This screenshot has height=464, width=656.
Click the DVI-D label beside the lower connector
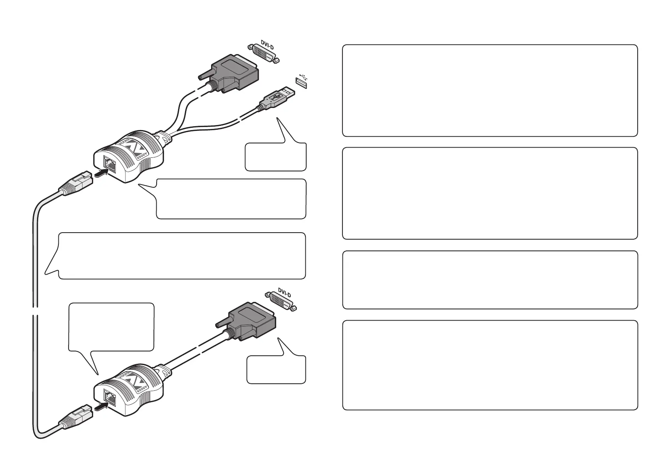(x=284, y=292)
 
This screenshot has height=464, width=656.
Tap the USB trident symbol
(x=304, y=76)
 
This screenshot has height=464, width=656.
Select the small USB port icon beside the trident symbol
(x=301, y=83)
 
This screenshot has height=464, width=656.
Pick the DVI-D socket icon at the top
(x=264, y=54)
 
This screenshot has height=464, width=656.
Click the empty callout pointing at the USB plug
(x=275, y=157)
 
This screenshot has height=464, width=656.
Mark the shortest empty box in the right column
(x=490, y=280)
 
